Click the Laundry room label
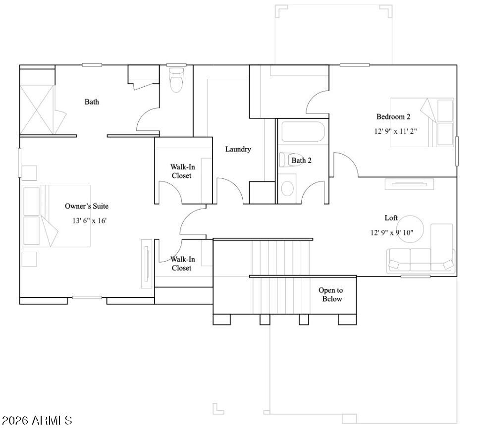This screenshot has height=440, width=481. point(238,149)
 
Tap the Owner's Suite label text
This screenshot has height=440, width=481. point(87,206)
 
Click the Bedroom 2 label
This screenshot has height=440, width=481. point(393,117)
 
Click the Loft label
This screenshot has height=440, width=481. point(391,218)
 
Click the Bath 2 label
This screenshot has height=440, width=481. point(301,161)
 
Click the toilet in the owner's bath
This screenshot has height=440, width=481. point(176,81)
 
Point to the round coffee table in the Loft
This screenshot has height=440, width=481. point(411,229)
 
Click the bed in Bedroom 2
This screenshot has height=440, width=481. point(422,122)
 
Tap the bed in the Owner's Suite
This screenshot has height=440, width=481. point(56,216)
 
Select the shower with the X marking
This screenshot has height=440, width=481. point(37,109)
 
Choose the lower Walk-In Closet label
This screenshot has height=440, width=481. point(182,264)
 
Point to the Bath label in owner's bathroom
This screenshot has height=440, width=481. point(92,102)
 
